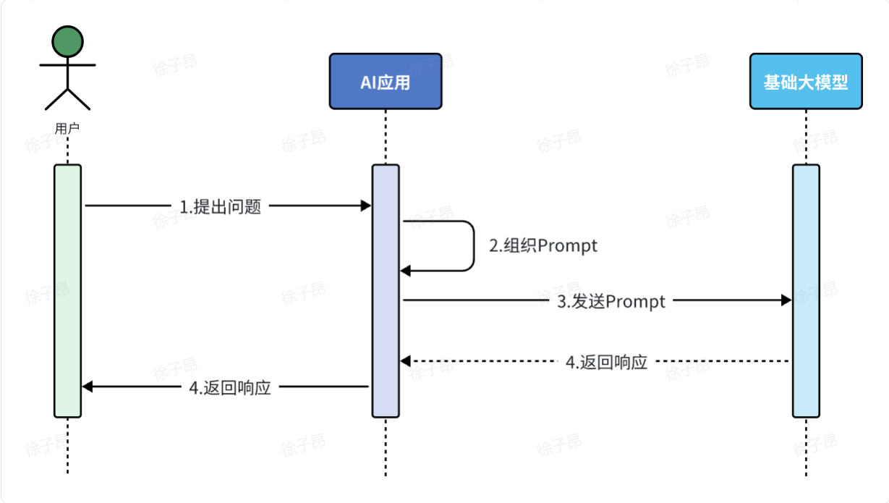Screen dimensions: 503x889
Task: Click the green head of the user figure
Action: [67, 41]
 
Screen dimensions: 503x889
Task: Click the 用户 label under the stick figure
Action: [67, 129]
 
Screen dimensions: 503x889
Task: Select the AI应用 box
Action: [385, 81]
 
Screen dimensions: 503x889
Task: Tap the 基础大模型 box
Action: [805, 81]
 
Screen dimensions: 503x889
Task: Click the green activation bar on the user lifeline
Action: [67, 289]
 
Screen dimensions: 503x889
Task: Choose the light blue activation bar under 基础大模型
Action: [806, 289]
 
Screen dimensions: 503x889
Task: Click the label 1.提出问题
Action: [220, 207]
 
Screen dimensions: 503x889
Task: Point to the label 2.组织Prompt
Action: [543, 246]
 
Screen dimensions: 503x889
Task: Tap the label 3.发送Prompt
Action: [611, 301]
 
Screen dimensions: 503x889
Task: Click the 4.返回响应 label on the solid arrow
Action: [230, 387]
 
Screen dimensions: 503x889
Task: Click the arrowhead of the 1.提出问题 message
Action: [366, 206]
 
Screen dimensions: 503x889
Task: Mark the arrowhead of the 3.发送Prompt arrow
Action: [786, 300]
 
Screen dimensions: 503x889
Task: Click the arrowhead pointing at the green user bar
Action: [88, 387]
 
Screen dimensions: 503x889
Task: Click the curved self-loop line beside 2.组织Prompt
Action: [473, 246]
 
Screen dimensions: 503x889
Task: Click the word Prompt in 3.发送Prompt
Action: [635, 301]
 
